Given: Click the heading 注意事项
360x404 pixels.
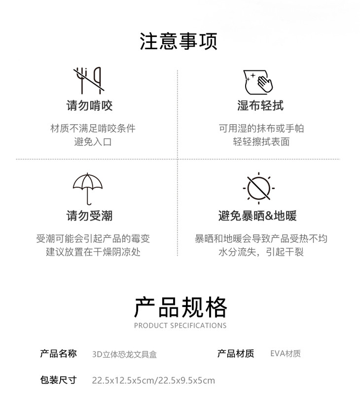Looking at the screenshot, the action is pyautogui.click(x=179, y=42).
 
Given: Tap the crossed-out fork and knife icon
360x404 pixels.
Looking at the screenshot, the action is pyautogui.click(x=89, y=80).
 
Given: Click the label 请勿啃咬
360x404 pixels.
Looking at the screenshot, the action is pyautogui.click(x=90, y=105).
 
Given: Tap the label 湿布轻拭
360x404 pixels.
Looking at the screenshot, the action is pyautogui.click(x=260, y=105).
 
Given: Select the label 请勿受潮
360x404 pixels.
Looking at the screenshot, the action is pyautogui.click(x=90, y=216).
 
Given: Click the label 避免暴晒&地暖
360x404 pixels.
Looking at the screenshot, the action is pyautogui.click(x=257, y=216).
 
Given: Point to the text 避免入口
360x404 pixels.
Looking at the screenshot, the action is pyautogui.click(x=93, y=142).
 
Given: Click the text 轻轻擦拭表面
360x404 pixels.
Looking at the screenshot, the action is pyautogui.click(x=261, y=142).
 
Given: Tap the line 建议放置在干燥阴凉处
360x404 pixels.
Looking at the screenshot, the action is pyautogui.click(x=93, y=252).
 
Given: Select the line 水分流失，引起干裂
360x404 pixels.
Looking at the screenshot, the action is pyautogui.click(x=261, y=252).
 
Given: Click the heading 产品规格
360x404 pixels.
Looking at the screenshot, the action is pyautogui.click(x=180, y=307).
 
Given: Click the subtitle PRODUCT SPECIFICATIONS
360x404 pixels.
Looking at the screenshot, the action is pyautogui.click(x=180, y=326).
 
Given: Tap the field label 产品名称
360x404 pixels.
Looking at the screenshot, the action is pyautogui.click(x=58, y=353).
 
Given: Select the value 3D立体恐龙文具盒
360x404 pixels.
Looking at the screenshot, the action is pyautogui.click(x=125, y=354).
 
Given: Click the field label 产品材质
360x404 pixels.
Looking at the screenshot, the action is pyautogui.click(x=236, y=354).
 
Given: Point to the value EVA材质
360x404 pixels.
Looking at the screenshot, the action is pyautogui.click(x=286, y=354).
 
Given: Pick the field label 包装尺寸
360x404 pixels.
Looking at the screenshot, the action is pyautogui.click(x=58, y=380).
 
